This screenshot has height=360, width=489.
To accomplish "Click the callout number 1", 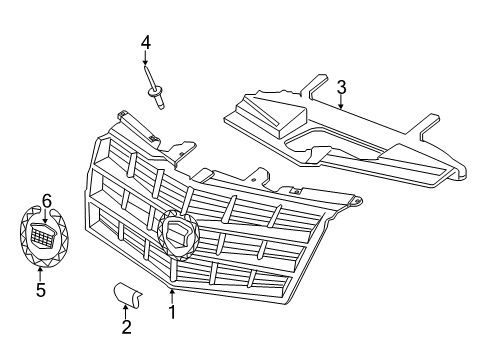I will click(172, 311).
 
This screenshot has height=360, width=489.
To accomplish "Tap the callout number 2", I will click(126, 326).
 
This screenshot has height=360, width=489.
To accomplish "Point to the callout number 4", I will click(146, 43).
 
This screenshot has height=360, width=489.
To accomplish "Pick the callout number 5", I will click(40, 291).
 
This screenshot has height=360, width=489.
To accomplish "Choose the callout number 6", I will click(46, 200).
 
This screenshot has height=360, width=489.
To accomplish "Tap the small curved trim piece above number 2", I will click(126, 291).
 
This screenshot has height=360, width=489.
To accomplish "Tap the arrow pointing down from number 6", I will click(45, 214).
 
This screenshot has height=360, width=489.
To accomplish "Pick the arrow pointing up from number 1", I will click(172, 295).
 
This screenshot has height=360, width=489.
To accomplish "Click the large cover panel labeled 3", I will click(330, 140).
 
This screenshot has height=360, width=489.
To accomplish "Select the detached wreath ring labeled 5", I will click(27, 250).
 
